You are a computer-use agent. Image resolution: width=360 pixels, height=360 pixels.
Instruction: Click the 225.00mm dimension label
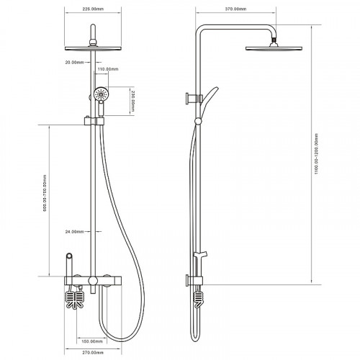click(93, 9)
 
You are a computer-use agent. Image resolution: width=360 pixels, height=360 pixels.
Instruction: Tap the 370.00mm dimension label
click(235, 9)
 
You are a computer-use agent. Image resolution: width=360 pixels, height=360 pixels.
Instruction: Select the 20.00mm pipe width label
click(75, 63)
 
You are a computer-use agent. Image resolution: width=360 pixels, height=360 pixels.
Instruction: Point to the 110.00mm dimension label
click(108, 69)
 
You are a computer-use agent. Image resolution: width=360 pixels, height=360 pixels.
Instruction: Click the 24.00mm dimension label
click(75, 232)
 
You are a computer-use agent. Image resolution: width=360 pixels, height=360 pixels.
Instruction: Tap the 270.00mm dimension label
click(93, 353)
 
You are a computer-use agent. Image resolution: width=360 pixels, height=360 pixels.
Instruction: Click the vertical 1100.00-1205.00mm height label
click(316, 154)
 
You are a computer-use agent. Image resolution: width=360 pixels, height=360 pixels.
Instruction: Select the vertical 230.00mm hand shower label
click(132, 101)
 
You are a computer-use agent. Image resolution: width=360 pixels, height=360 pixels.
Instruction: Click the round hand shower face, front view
click(101, 94)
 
